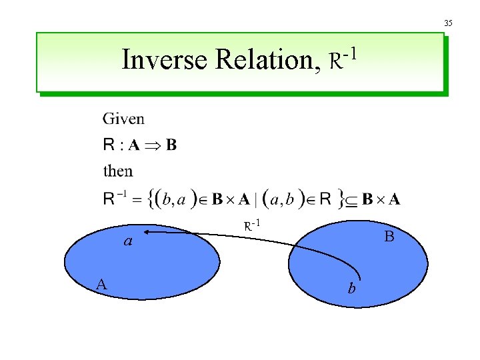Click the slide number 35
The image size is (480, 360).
[448, 23]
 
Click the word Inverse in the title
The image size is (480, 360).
[165, 60]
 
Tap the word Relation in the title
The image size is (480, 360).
[261, 60]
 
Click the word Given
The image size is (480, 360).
[123, 119]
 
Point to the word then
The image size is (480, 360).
[118, 171]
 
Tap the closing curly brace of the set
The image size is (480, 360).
[341, 197]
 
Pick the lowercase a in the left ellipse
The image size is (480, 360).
[127, 241]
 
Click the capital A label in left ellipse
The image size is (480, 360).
[101, 285]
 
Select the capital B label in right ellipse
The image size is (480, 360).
[389, 237]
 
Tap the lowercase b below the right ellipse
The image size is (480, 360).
[351, 288]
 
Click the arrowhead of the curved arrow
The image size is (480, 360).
[145, 232]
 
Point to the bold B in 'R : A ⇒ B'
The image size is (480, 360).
[171, 145]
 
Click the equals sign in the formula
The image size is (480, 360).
[135, 199]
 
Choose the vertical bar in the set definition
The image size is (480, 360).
[255, 198]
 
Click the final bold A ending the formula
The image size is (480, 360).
[395, 199]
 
